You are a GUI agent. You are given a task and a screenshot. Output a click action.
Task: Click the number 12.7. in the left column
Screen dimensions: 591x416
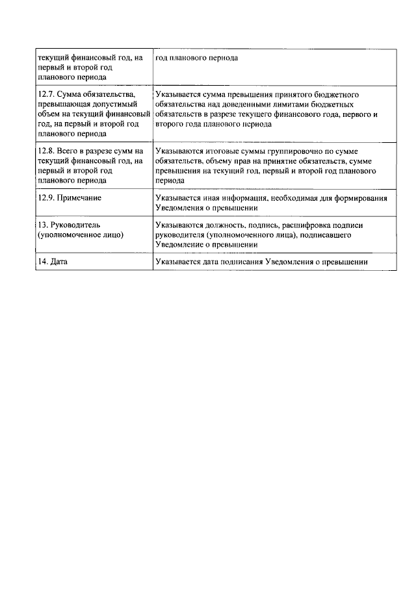(x=48, y=95)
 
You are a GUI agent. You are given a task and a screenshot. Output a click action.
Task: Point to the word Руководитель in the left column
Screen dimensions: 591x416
(x=75, y=225)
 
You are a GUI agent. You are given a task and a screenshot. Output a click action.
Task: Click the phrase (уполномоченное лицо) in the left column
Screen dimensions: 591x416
(x=81, y=235)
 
